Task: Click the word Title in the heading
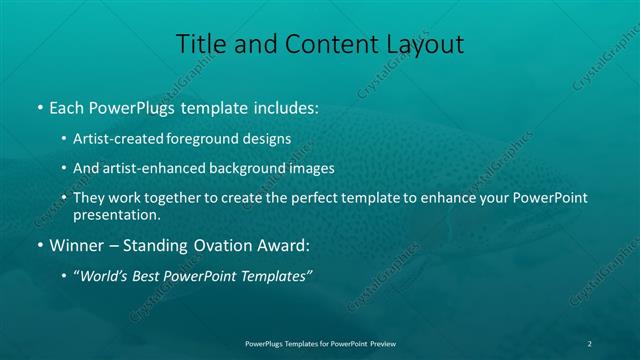pyautogui.click(x=201, y=44)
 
